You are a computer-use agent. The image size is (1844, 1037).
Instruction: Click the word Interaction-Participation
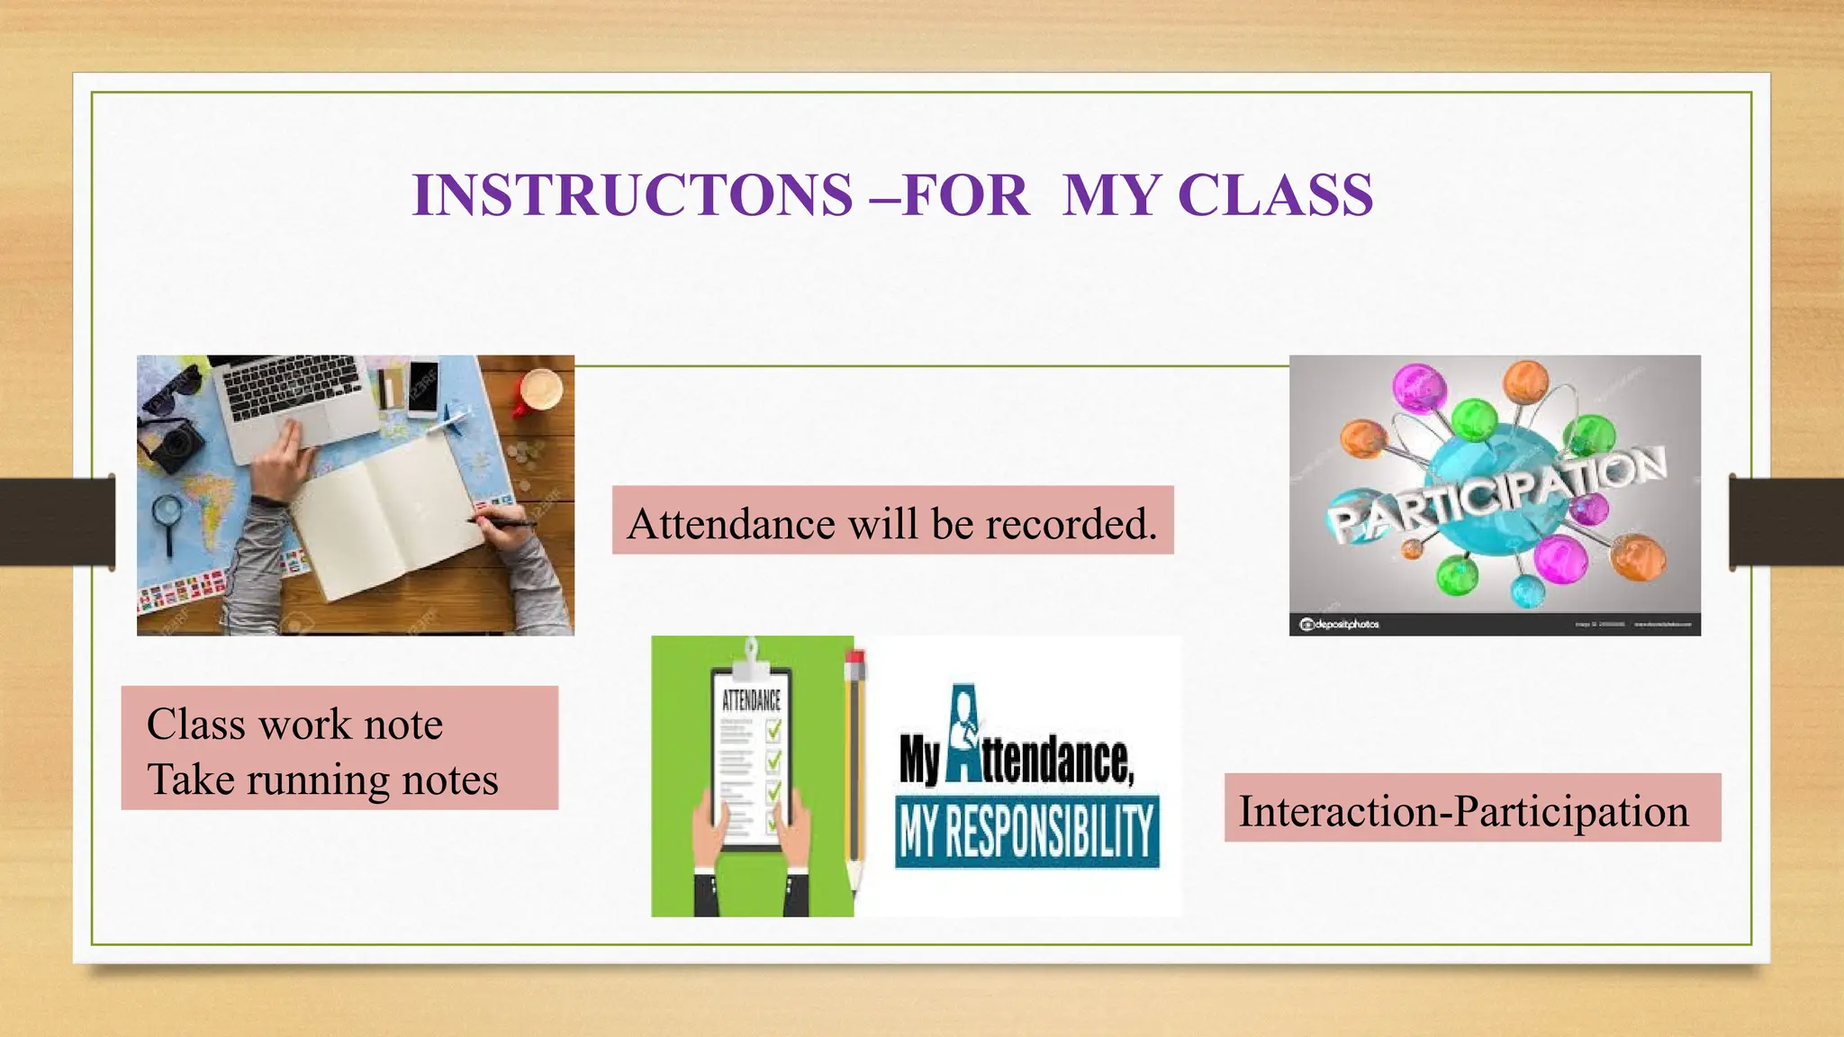pos(1463,811)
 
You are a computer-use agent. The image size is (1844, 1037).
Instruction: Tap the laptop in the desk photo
pos(297,396)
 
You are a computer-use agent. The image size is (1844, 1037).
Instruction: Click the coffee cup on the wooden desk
pos(540,391)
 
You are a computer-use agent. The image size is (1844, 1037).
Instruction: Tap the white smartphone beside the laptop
pos(422,388)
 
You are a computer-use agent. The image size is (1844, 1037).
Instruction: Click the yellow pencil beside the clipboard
pos(854,765)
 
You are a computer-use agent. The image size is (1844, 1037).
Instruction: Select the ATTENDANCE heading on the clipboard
pos(752,700)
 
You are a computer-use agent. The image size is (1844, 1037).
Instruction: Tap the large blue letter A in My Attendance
pos(965,734)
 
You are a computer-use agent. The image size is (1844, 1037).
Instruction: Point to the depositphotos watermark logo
pos(1339,624)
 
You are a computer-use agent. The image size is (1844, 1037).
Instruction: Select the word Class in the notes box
pos(195,725)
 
